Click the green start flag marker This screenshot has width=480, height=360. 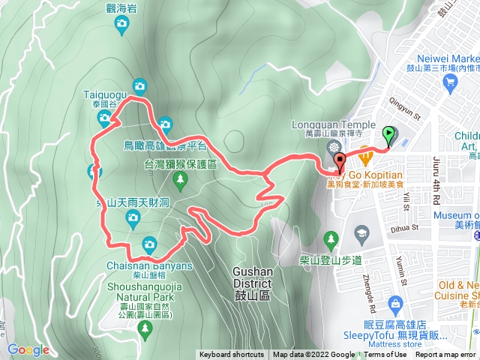[x=388, y=136]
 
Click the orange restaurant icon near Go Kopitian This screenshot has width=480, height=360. [x=366, y=158]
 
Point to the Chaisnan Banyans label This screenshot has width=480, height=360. [x=149, y=265]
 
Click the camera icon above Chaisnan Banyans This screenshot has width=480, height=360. [x=149, y=244]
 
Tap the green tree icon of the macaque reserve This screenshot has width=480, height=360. [x=179, y=178]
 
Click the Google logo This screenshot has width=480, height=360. [x=28, y=349]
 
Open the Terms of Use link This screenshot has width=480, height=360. [x=385, y=355]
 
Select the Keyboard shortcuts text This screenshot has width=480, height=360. [x=231, y=355]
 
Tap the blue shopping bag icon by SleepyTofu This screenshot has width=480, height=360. [x=395, y=302]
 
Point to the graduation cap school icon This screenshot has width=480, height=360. [x=363, y=234]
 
